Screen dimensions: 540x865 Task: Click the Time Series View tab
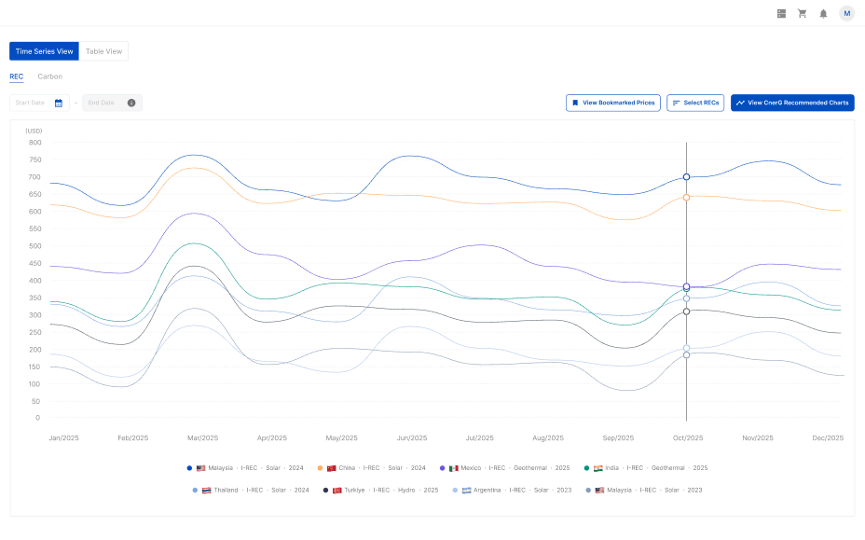tap(44, 51)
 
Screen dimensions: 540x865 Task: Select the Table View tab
tap(103, 51)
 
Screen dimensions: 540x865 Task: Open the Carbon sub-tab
tap(50, 76)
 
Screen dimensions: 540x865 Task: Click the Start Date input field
tap(31, 103)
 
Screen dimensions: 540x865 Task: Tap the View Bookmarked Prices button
tap(612, 103)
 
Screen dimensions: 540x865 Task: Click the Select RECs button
tap(695, 103)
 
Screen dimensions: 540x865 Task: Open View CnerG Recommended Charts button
tap(792, 103)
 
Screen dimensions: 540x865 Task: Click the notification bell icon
tap(823, 13)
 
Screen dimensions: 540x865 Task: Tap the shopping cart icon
tap(802, 13)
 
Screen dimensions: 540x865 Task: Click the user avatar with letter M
tap(846, 13)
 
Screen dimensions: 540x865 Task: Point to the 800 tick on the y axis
tap(34, 143)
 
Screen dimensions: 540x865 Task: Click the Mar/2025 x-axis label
tap(203, 437)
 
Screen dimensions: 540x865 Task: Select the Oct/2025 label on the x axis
tap(688, 437)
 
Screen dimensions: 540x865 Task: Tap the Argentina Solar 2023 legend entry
tap(512, 490)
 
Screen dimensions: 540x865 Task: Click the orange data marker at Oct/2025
tap(687, 197)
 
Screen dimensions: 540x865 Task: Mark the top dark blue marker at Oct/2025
tap(687, 176)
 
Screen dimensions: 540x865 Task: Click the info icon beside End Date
tap(131, 103)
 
